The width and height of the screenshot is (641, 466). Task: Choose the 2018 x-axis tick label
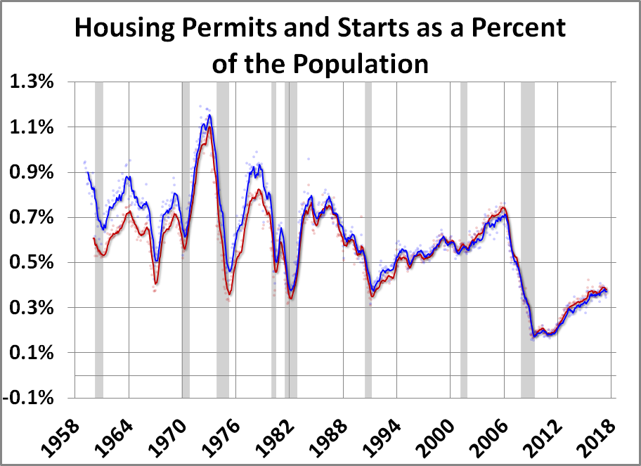tap(600, 430)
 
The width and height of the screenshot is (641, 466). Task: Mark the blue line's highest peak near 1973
tap(209, 115)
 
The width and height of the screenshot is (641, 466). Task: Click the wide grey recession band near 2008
tap(527, 239)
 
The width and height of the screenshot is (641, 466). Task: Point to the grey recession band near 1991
tap(368, 239)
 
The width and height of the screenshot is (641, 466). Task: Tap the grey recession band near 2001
tap(464, 239)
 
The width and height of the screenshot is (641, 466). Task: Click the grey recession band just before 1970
tap(186, 239)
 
